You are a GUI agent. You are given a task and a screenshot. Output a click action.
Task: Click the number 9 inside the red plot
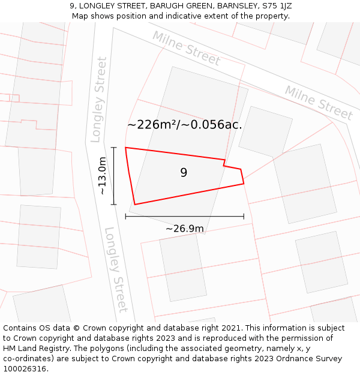(x=184, y=173)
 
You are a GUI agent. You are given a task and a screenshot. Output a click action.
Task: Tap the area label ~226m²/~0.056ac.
(x=185, y=125)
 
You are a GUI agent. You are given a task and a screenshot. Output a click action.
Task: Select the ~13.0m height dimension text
(x=102, y=175)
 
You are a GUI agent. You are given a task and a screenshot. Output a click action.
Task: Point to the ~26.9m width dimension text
(x=184, y=229)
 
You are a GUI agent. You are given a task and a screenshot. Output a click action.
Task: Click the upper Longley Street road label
(x=98, y=99)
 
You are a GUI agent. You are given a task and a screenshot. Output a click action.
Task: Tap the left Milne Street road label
(x=186, y=48)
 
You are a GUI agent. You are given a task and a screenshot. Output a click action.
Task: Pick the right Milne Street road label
(x=318, y=103)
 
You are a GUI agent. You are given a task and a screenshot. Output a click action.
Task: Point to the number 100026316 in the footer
(x=25, y=369)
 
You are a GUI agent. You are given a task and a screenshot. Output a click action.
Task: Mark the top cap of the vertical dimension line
(x=113, y=147)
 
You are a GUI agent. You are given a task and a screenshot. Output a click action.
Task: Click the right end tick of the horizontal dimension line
(x=244, y=216)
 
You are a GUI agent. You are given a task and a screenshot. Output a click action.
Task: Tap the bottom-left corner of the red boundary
(x=134, y=205)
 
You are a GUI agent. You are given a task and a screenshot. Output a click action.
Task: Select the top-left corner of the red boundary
(x=125, y=148)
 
